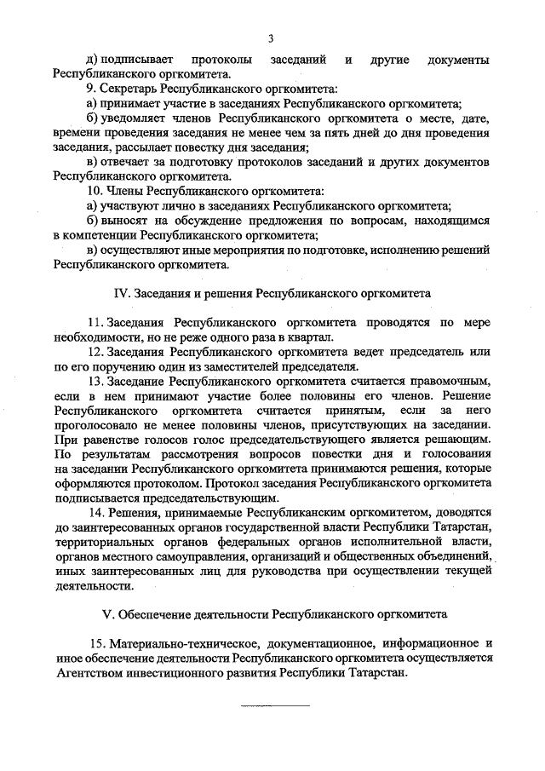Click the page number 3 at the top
coord(272,37)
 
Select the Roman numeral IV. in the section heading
coord(123,293)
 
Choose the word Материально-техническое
coord(175,644)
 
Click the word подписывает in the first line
coord(138,59)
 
